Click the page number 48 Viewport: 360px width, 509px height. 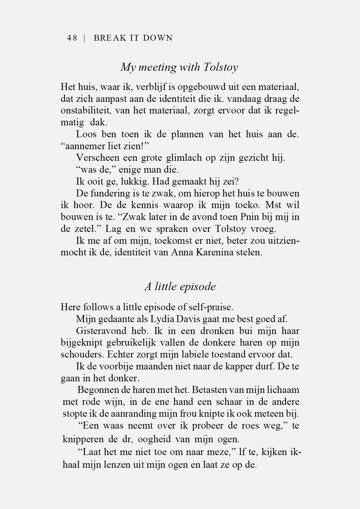(x=72, y=38)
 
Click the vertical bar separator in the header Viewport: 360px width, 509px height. (x=84, y=38)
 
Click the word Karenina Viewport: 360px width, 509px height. (x=213, y=252)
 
